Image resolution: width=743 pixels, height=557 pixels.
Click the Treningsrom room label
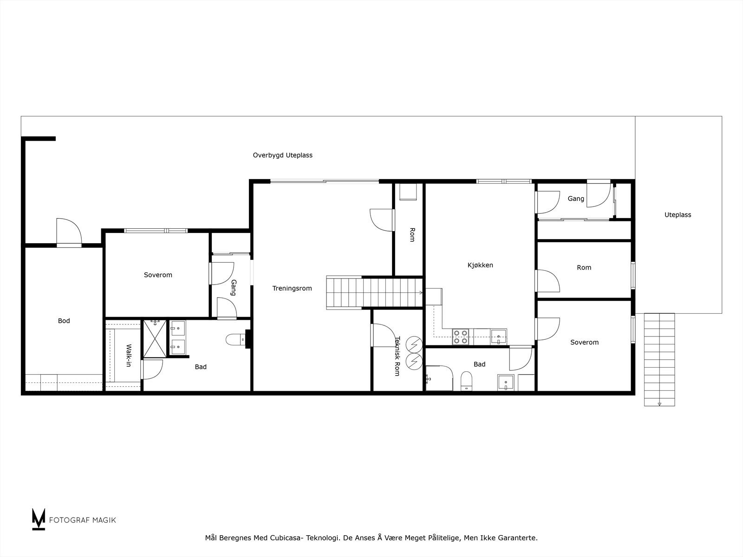pyautogui.click(x=292, y=288)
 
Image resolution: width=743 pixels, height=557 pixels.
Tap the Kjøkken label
pyautogui.click(x=480, y=265)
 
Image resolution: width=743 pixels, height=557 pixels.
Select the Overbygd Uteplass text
pyautogui.click(x=282, y=155)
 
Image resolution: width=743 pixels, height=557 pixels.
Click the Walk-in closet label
pyautogui.click(x=129, y=356)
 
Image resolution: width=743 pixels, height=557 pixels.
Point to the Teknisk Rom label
pyautogui.click(x=397, y=356)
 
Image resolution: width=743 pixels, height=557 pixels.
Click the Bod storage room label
pyautogui.click(x=64, y=321)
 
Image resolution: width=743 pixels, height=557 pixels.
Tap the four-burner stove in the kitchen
pyautogui.click(x=461, y=337)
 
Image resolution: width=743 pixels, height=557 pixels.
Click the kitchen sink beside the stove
pyautogui.click(x=498, y=337)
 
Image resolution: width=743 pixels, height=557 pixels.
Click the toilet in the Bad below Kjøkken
pyautogui.click(x=466, y=382)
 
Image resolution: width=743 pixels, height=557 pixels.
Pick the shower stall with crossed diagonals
pyautogui.click(x=154, y=338)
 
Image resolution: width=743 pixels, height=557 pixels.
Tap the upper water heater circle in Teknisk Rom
pyautogui.click(x=413, y=344)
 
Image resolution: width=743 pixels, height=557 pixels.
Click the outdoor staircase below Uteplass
pyautogui.click(x=659, y=359)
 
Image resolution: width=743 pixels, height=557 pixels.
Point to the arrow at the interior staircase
pyautogui.click(x=420, y=292)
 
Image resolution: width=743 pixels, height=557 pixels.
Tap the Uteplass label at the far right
pyautogui.click(x=678, y=215)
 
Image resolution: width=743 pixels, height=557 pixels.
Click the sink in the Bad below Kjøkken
pyautogui.click(x=505, y=382)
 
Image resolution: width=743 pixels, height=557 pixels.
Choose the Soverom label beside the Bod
pyautogui.click(x=158, y=275)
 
